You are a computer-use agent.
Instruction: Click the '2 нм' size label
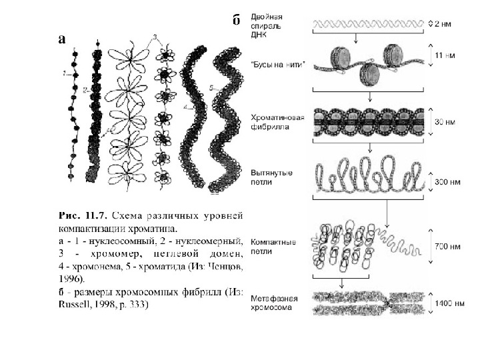point(443,24)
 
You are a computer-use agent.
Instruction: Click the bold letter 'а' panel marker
point(61,39)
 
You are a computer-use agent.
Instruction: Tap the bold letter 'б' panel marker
point(236,20)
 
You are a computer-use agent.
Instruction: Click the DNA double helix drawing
point(369,24)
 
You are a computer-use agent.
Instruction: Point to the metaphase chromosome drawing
point(369,303)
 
